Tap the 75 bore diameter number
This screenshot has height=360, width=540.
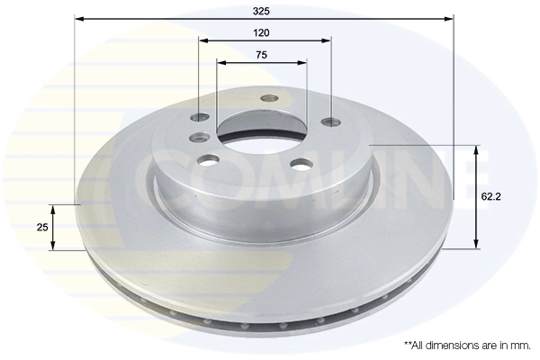click(x=261, y=55)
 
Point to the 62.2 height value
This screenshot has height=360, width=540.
click(x=491, y=195)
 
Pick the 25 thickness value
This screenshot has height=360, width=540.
click(x=41, y=228)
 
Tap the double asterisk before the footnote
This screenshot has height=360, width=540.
click(x=408, y=344)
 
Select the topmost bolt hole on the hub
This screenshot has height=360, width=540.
click(x=267, y=99)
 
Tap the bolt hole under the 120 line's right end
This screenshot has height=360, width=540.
click(x=328, y=121)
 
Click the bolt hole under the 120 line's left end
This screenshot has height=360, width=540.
click(x=200, y=118)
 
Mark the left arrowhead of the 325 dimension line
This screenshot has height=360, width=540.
click(x=78, y=18)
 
